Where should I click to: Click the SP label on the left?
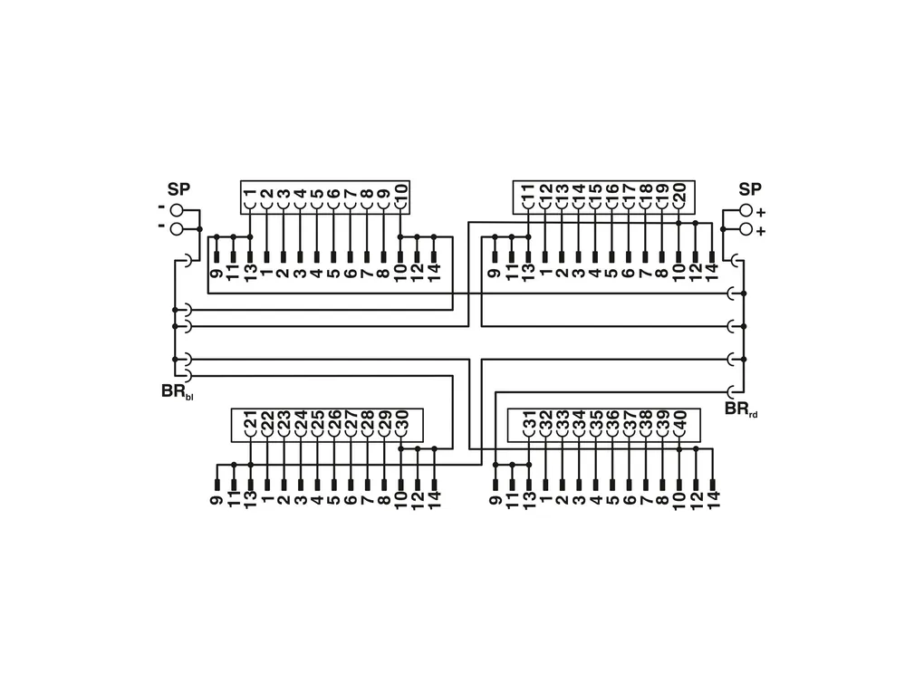coord(178,189)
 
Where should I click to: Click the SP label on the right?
coord(749,189)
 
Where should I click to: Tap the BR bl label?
coord(178,392)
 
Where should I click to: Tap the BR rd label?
coord(741,409)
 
